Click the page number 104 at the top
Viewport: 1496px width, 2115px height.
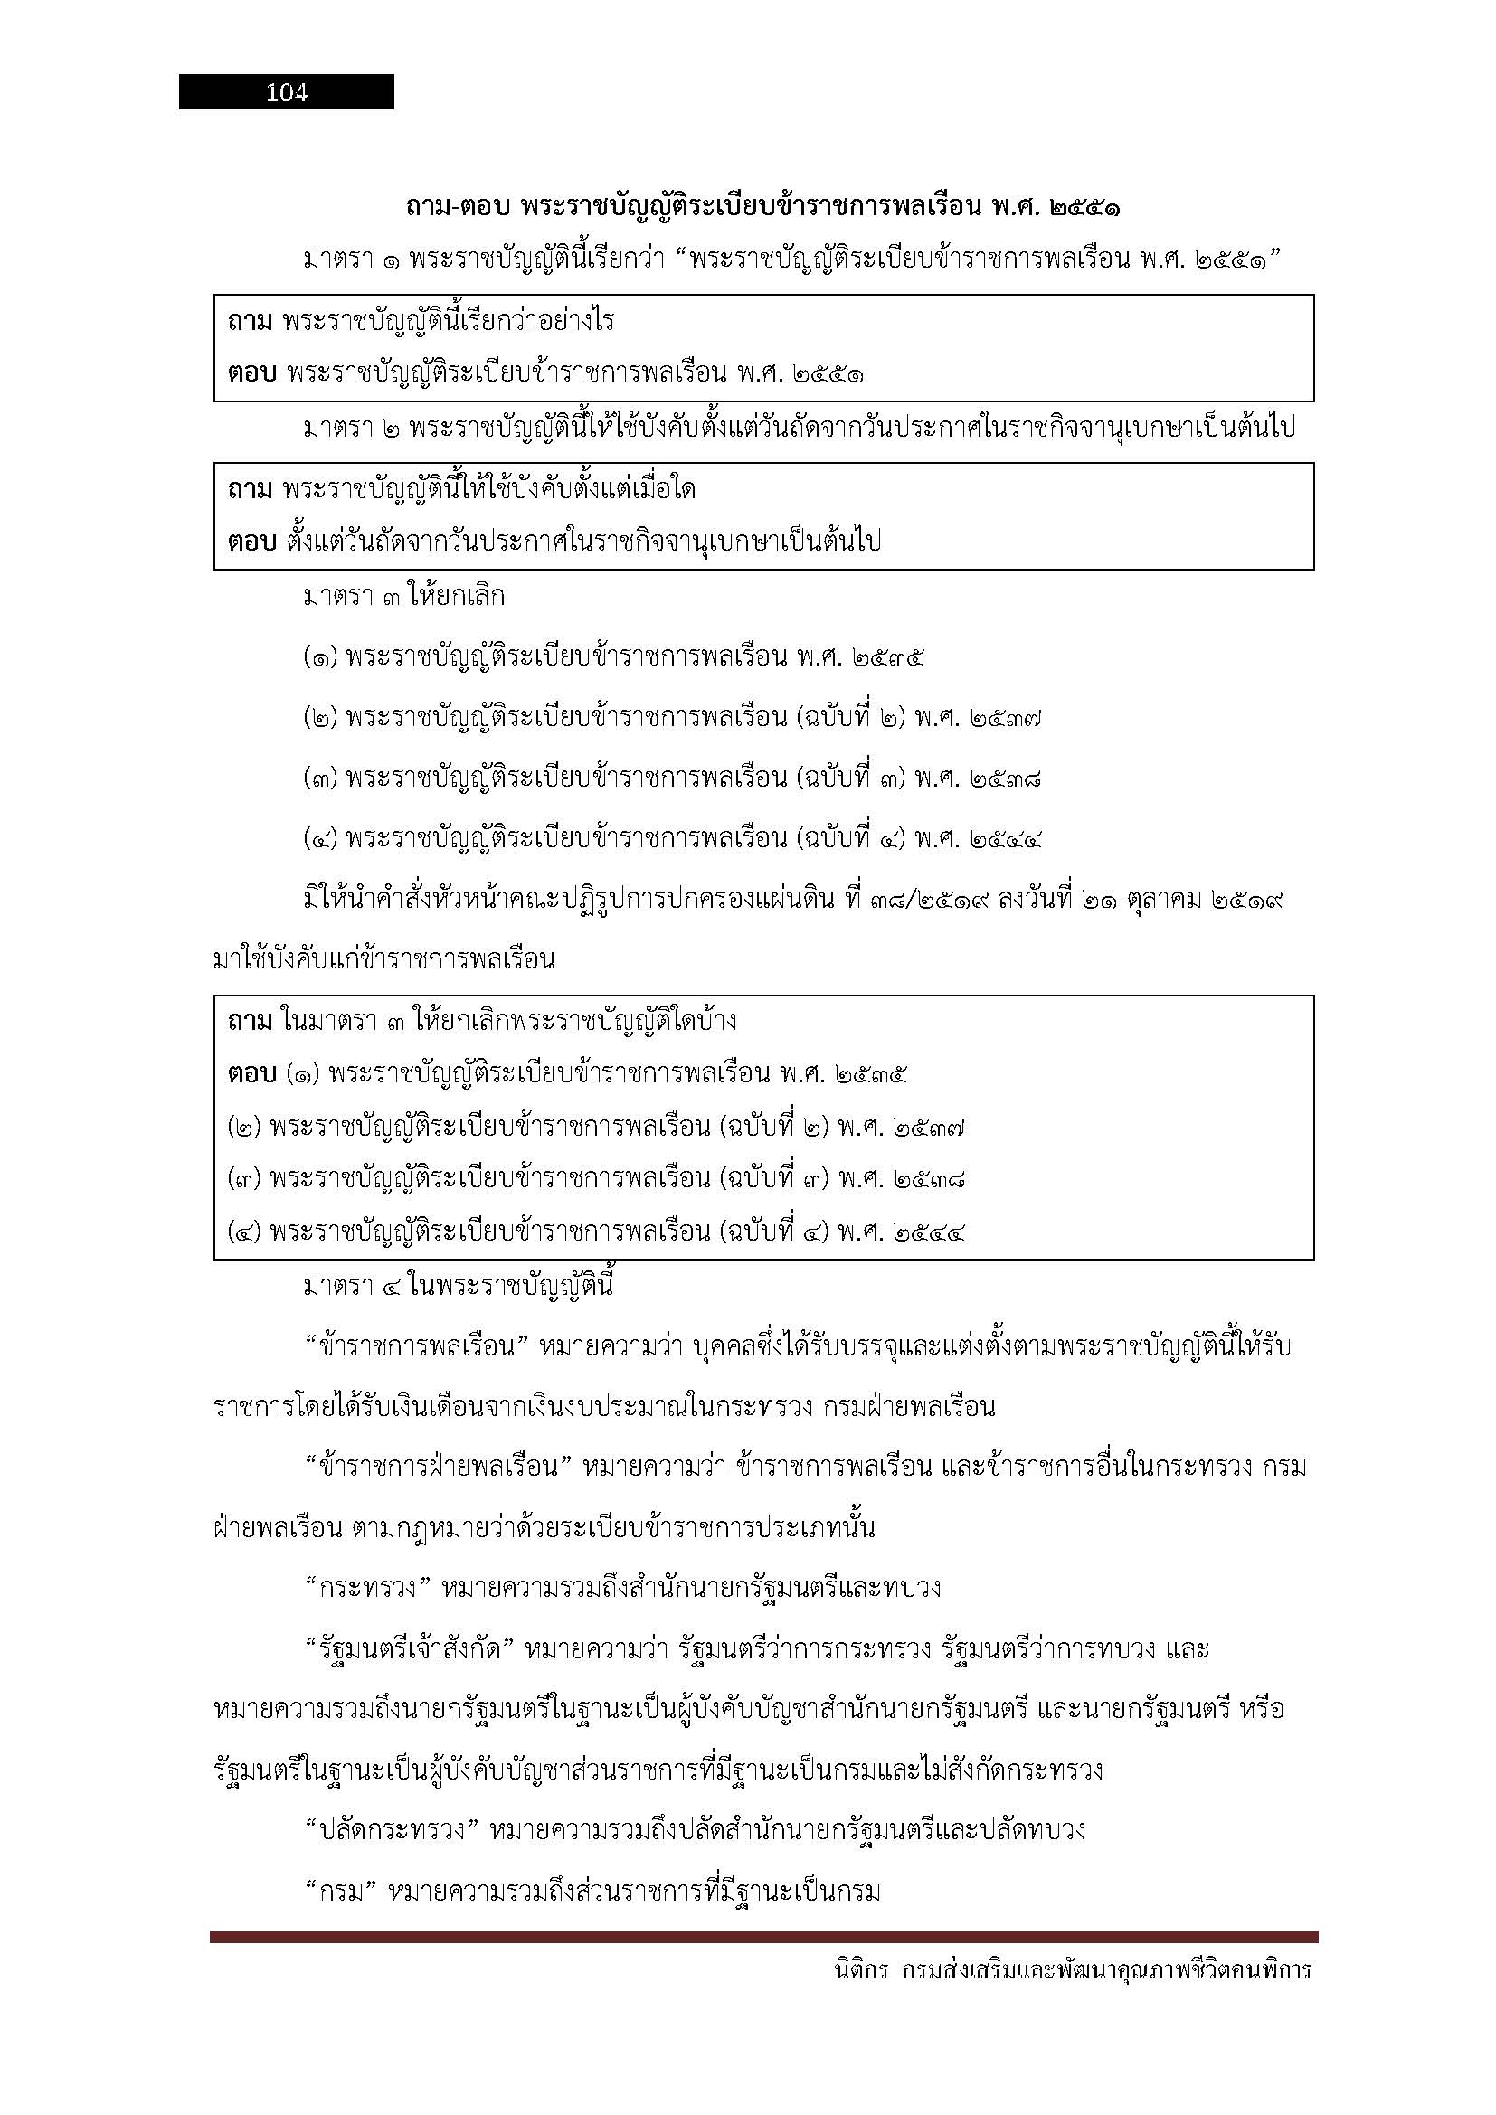[x=287, y=92]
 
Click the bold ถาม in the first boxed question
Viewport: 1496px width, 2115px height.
[x=250, y=322]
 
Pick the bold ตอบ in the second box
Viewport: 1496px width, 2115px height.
[x=251, y=543]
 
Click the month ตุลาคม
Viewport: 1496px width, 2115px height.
[x=1158, y=900]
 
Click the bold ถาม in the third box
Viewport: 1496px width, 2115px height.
[x=250, y=1022]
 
